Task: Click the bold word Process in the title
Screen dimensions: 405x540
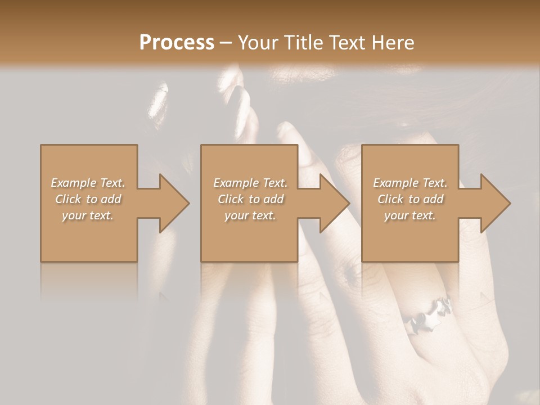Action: click(x=177, y=42)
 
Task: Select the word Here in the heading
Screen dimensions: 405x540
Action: click(x=393, y=42)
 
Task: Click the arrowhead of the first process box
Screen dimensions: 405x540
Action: click(x=174, y=203)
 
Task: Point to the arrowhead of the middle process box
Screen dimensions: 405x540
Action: click(x=334, y=203)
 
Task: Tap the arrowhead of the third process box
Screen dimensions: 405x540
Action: click(x=495, y=203)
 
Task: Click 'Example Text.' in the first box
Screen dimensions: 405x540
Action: click(x=88, y=183)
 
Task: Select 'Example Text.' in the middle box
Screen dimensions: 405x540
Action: click(x=250, y=183)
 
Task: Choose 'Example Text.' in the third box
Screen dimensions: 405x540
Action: click(x=410, y=183)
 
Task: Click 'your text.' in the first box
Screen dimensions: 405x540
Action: click(x=88, y=215)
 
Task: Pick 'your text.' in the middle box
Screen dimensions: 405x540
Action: click(x=250, y=215)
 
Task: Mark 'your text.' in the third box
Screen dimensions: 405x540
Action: click(x=410, y=215)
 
